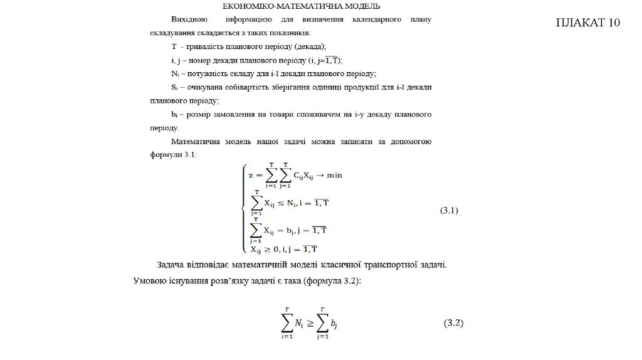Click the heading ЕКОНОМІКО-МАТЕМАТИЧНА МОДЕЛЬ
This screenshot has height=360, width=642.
[x=301, y=7]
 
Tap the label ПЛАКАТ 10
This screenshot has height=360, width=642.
[x=588, y=23]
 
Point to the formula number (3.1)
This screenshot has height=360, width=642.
[x=448, y=211]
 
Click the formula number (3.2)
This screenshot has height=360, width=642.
[x=453, y=324]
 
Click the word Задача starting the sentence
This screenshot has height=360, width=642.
[x=173, y=265]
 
